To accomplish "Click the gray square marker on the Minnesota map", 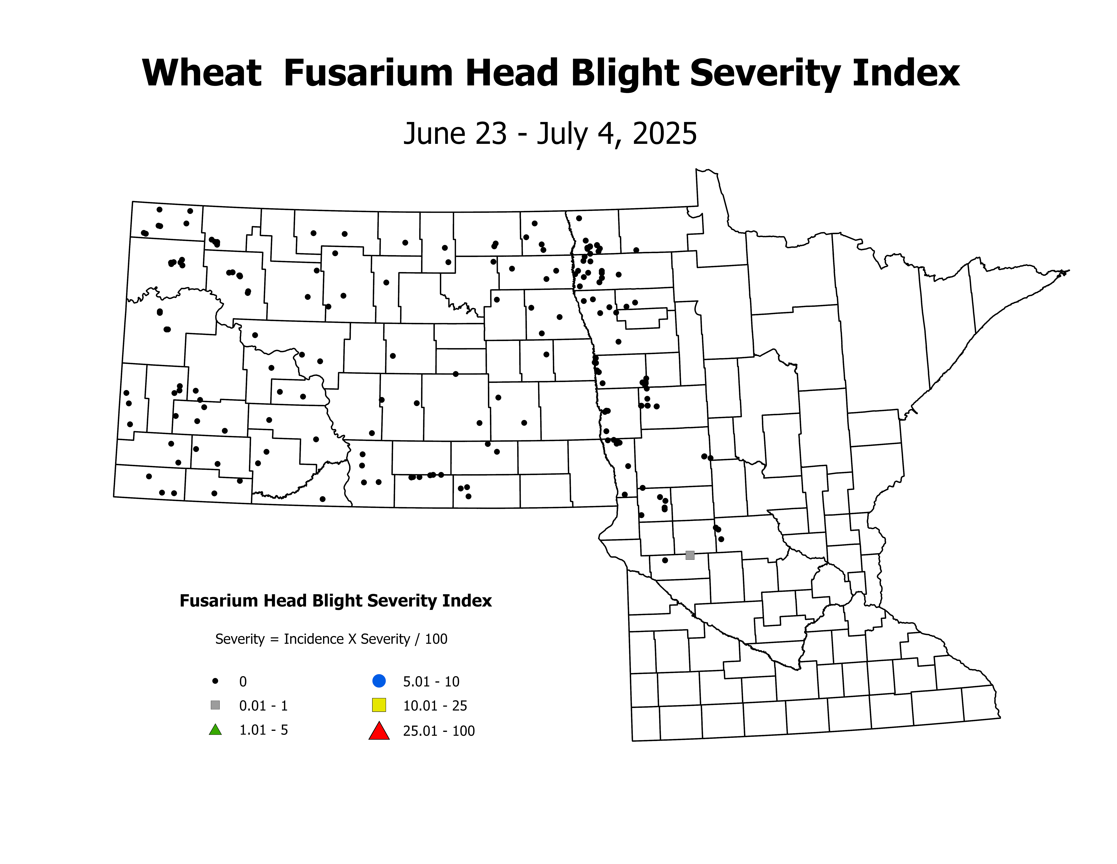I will [690, 555].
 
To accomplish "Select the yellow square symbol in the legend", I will [379, 705].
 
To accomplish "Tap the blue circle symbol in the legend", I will [379, 681].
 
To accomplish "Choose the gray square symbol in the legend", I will [215, 705].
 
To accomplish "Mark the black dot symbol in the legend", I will [215, 681].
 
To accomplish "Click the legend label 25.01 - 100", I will [439, 731].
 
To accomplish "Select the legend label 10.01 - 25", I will [435, 706].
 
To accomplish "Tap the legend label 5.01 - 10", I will [431, 682].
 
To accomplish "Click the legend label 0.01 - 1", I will [263, 706].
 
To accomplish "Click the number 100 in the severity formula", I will [436, 639].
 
